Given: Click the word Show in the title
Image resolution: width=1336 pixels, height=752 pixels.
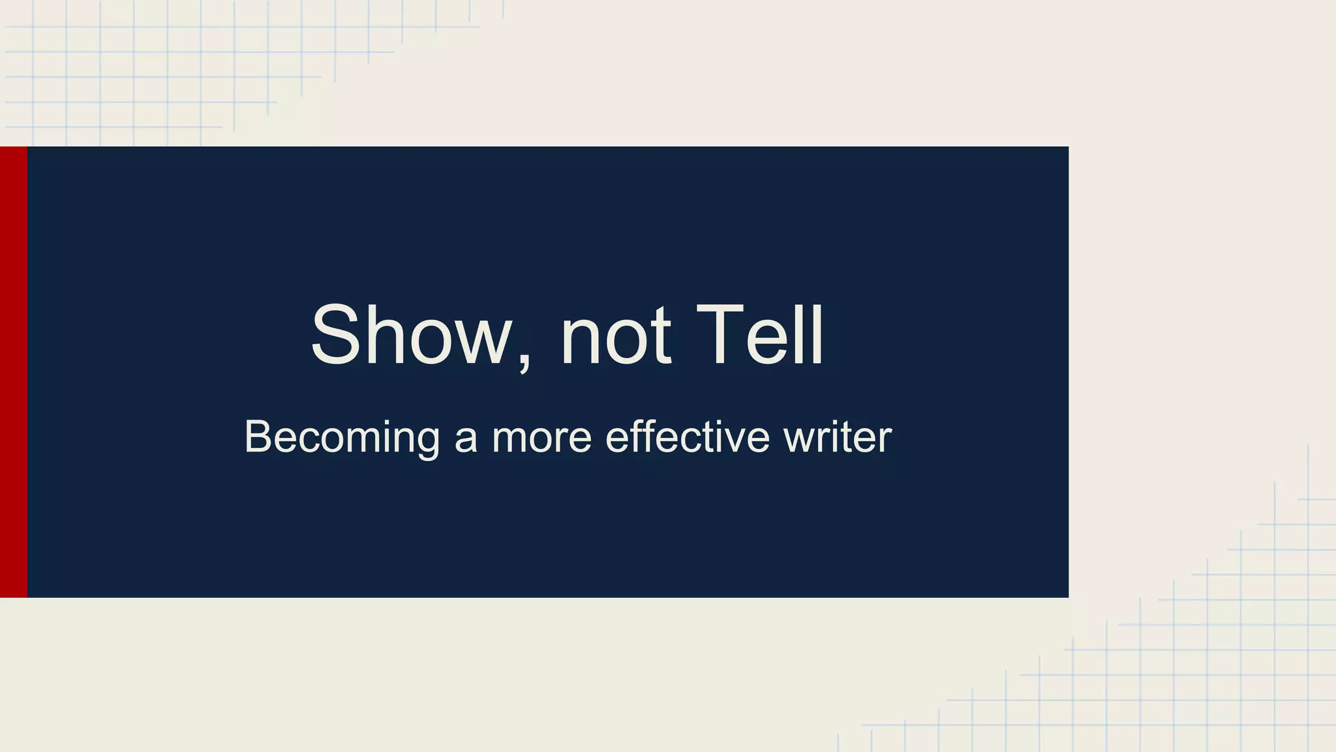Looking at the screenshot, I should [411, 336].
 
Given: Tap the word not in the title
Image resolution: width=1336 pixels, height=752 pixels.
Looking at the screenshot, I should [615, 336].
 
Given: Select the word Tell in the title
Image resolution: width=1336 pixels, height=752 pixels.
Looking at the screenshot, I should [760, 336].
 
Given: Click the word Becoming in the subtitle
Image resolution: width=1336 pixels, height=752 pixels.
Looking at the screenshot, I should [342, 437].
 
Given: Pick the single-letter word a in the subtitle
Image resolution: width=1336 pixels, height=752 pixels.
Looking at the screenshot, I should [466, 439].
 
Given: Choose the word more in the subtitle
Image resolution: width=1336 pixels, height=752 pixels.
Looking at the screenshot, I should [541, 439].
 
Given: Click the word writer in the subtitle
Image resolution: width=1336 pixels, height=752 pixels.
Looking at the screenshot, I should [838, 437].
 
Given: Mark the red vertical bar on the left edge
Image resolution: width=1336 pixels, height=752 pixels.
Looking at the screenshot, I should [14, 371].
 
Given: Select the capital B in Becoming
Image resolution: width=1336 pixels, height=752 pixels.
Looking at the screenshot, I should [257, 437].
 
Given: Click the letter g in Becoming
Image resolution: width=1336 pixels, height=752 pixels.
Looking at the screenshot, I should [428, 442].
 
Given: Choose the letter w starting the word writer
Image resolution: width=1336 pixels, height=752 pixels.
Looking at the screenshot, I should [798, 439].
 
